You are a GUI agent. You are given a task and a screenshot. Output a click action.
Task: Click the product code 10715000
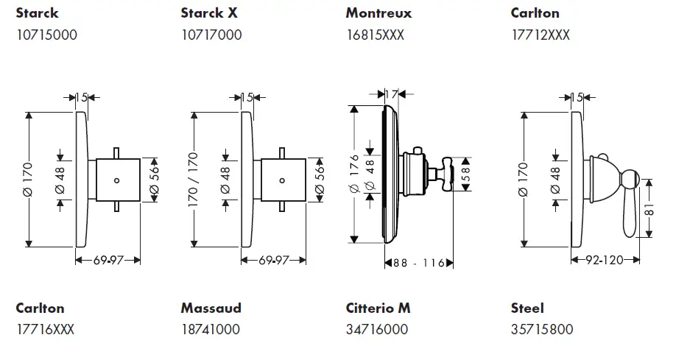point(46,35)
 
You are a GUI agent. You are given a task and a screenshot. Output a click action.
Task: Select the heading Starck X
point(210,13)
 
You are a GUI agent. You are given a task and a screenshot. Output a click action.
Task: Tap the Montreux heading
point(379,13)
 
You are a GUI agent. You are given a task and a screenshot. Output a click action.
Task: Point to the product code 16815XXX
point(376,35)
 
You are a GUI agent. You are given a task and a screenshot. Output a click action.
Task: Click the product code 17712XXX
point(541,35)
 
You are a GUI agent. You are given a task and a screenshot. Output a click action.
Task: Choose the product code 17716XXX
point(46,330)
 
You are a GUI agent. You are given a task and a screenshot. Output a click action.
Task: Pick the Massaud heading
point(211,308)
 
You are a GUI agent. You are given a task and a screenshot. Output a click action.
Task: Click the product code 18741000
point(210,330)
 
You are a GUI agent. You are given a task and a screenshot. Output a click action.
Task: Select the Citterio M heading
point(378,308)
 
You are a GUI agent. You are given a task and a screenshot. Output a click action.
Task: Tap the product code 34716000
point(376,330)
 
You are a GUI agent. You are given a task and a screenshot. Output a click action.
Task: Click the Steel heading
point(527,308)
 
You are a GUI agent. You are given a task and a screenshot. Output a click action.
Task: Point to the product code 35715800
point(541,330)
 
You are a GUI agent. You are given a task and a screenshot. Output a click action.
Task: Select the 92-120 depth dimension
point(604,260)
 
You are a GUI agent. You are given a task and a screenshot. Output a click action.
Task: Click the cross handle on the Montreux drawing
point(445,174)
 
